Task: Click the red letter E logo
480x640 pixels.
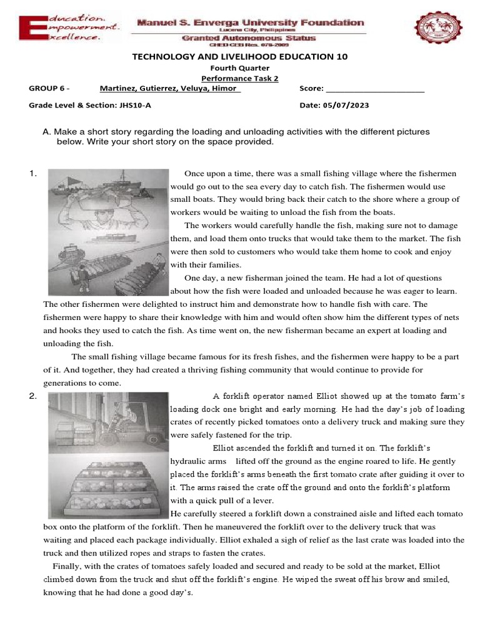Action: (x=27, y=29)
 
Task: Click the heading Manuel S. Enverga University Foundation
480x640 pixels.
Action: (x=250, y=22)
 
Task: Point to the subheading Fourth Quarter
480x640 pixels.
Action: (x=239, y=68)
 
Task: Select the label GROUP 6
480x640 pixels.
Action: (x=49, y=88)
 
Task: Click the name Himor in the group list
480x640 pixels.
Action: (x=226, y=88)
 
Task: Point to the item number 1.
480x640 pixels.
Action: (x=32, y=174)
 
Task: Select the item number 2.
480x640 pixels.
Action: (x=32, y=396)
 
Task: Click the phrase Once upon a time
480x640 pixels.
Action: (x=215, y=173)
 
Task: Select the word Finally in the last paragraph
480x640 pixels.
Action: (x=68, y=566)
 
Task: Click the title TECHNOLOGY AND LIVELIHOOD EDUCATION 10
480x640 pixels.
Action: (x=239, y=57)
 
